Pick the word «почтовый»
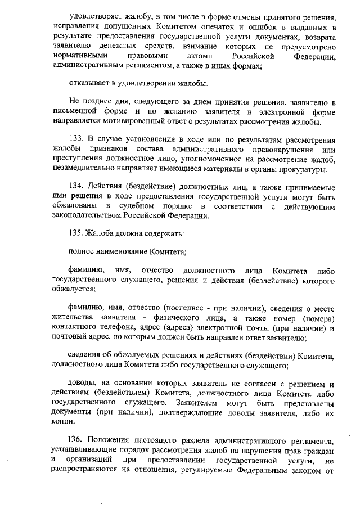coord(70,337)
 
